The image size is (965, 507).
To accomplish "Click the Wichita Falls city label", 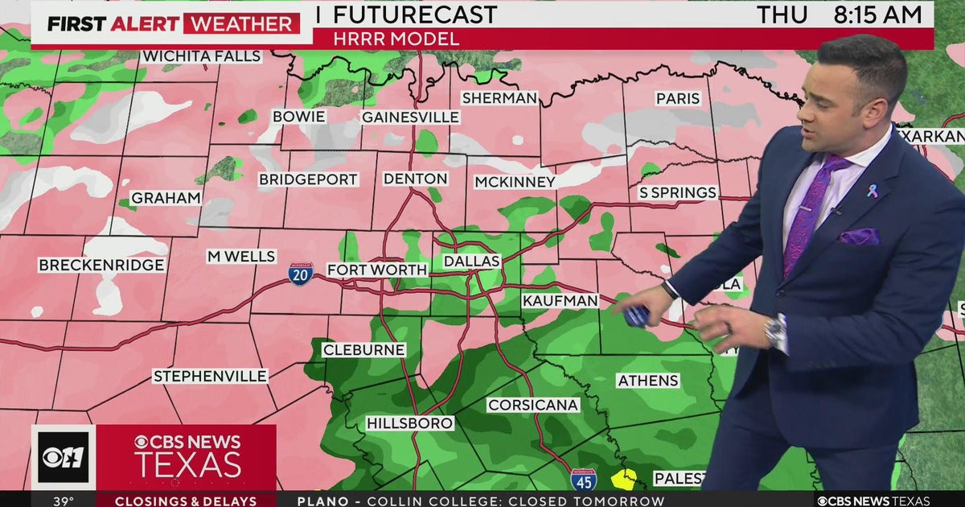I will [202, 56].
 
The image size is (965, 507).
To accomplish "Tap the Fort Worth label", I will [377, 270].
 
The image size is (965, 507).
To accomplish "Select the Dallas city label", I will [472, 262].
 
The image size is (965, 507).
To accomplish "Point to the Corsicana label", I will [532, 405].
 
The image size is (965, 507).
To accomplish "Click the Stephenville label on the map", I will [210, 376].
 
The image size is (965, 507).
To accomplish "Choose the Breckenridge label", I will [101, 265].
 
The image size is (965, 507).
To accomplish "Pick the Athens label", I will [648, 381].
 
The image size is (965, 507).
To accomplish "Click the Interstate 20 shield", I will [301, 274].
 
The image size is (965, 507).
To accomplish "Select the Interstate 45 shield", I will [584, 480].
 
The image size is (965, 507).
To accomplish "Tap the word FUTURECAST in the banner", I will [414, 14].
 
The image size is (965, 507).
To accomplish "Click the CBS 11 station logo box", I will [63, 457].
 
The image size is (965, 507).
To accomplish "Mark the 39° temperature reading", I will [63, 501].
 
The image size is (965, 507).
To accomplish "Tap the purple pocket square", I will [860, 237].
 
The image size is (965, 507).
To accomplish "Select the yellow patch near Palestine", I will [623, 480].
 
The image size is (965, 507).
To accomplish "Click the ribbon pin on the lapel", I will [873, 190].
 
